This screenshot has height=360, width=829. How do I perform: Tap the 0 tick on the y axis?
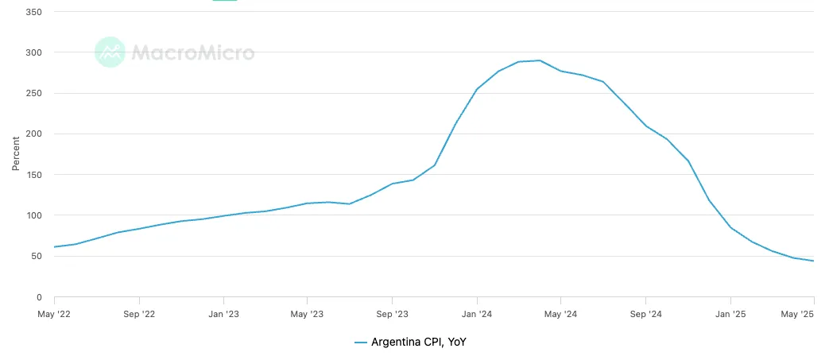[x=39, y=297]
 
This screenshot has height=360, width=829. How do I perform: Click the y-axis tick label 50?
[x=37, y=256]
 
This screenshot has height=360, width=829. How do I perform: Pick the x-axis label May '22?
[x=54, y=314]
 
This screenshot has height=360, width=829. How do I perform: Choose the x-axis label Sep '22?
[x=138, y=314]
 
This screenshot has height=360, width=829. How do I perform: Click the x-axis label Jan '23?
[x=223, y=314]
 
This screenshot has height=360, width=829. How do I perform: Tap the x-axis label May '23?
[x=307, y=314]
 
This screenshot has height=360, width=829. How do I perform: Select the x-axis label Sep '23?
[x=392, y=314]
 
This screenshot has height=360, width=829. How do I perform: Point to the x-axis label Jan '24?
[x=476, y=314]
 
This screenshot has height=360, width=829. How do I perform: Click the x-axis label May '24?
[x=560, y=314]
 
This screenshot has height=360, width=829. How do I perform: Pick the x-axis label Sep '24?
[x=645, y=314]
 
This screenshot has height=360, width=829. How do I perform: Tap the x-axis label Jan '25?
[x=730, y=314]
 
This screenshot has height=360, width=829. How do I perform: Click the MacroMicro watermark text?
[x=192, y=52]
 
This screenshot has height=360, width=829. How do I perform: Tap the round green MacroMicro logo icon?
[x=110, y=52]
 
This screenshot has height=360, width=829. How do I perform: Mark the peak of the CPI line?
[x=540, y=60]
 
